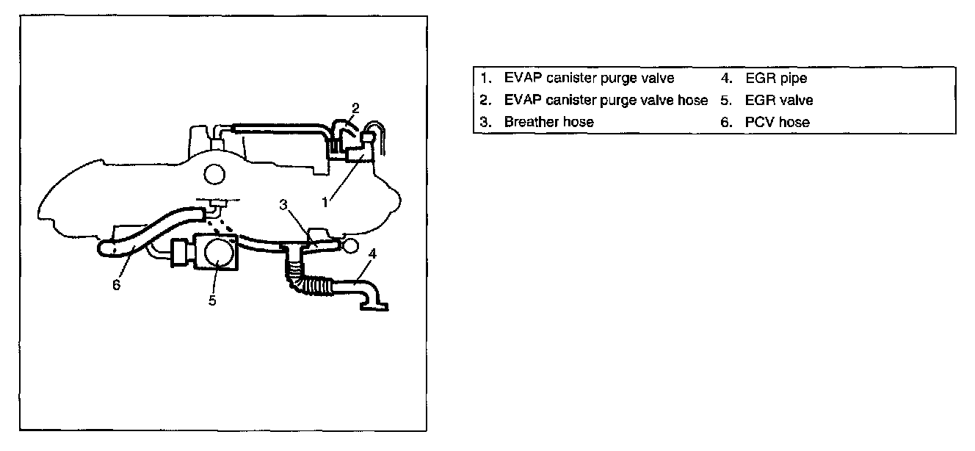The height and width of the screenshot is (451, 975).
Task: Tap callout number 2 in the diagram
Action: (355, 109)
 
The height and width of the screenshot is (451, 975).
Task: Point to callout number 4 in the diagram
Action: (373, 254)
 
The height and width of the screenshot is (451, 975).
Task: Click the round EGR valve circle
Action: (218, 253)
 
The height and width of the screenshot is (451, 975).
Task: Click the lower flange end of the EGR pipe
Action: (374, 306)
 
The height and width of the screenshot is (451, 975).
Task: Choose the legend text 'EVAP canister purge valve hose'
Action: (606, 100)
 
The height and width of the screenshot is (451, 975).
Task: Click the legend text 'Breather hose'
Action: (548, 123)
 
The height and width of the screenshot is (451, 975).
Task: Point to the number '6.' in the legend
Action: (726, 123)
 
